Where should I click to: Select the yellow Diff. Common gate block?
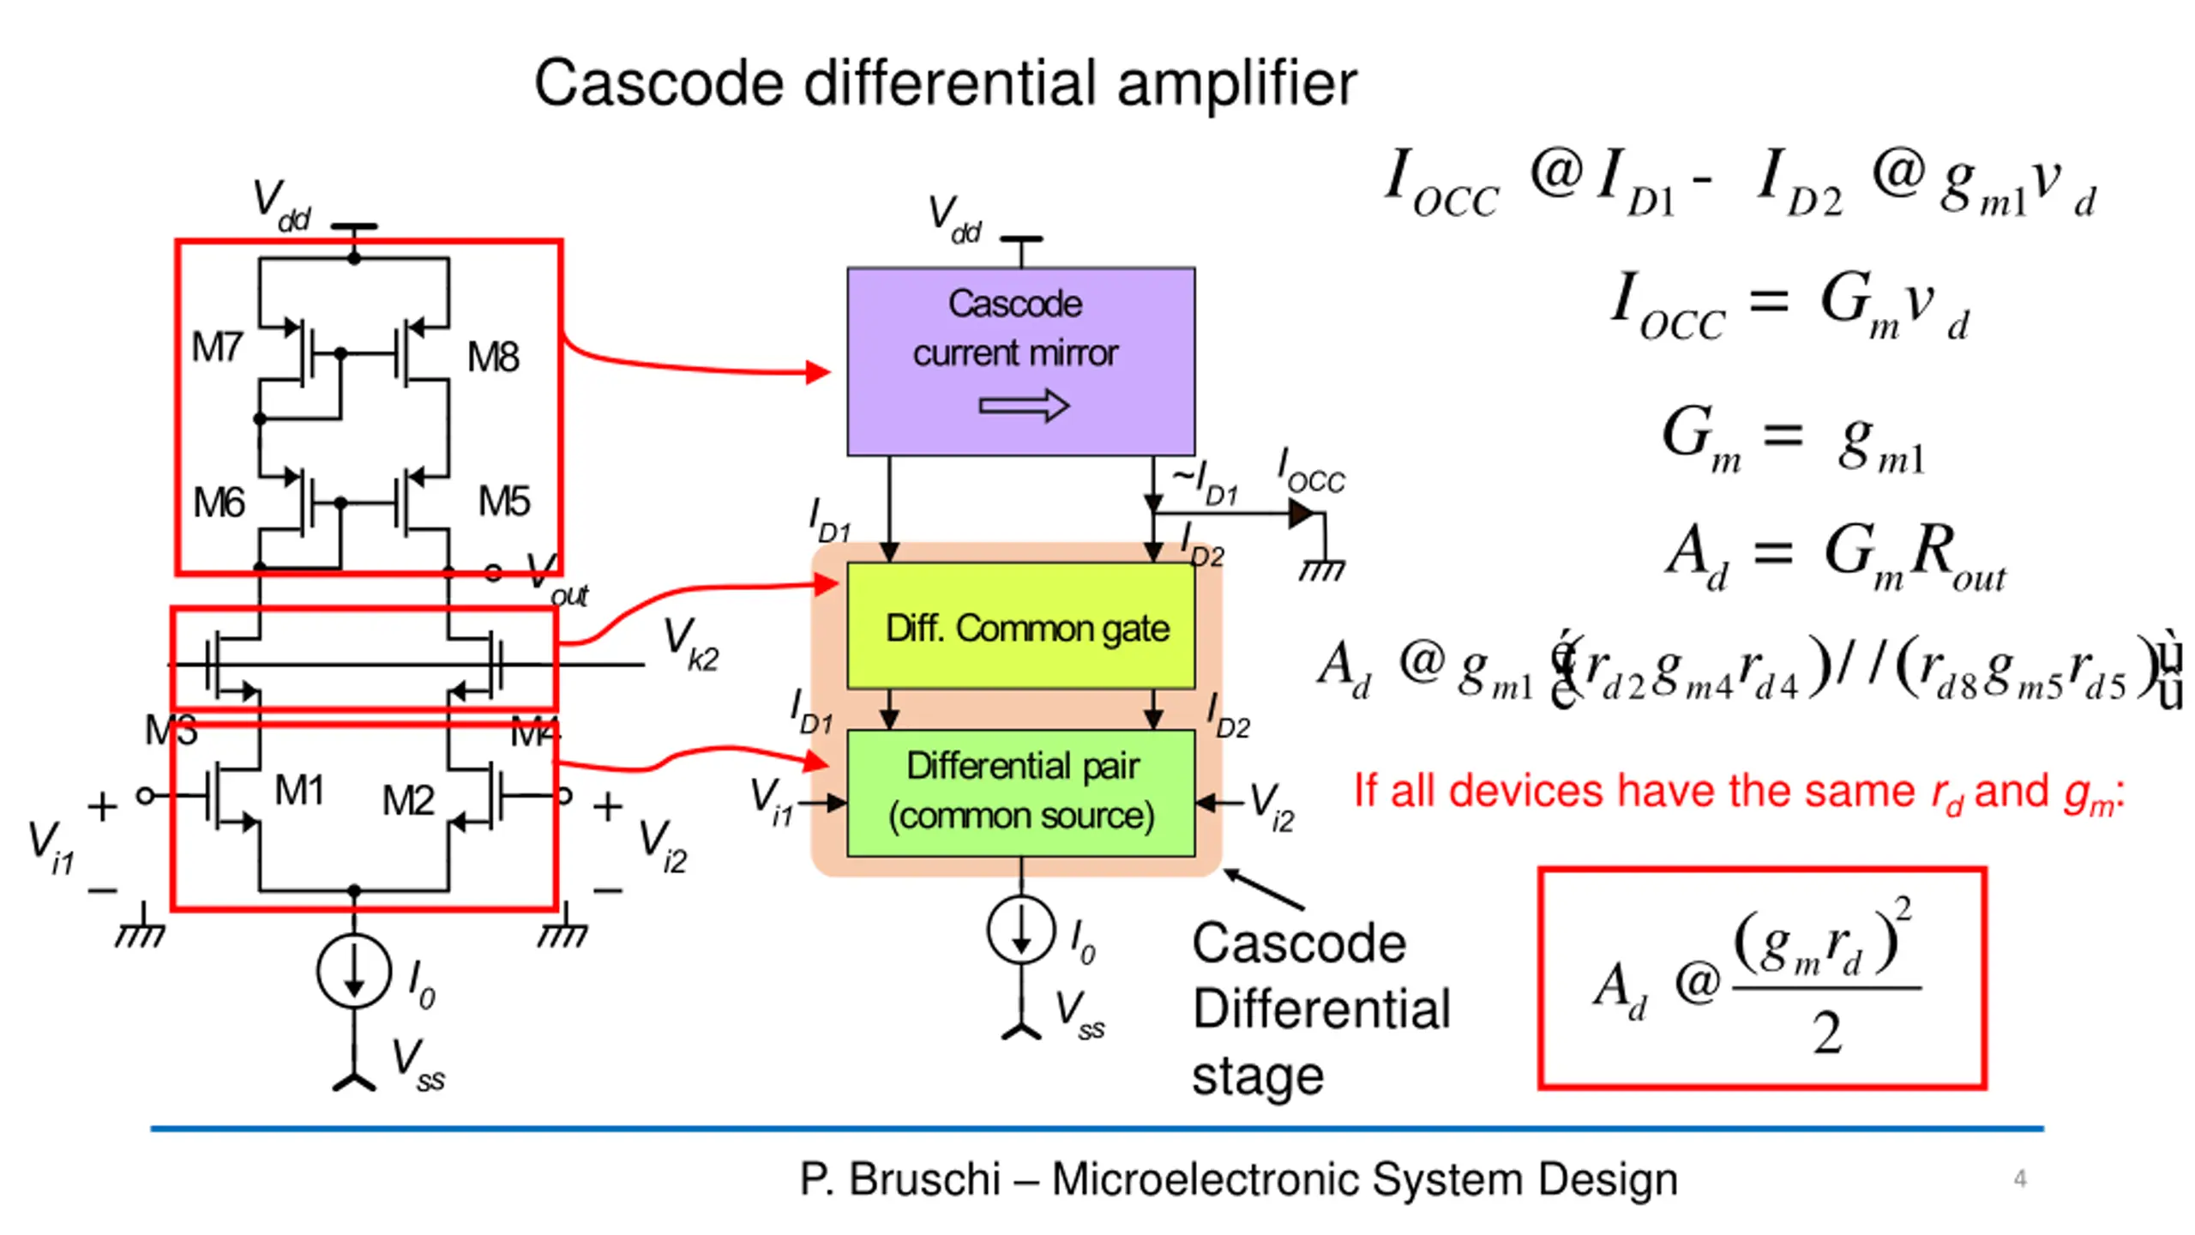[1020, 626]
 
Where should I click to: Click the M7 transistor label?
[217, 347]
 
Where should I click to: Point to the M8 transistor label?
[493, 357]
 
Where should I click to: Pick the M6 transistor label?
[219, 503]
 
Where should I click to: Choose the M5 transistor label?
[504, 501]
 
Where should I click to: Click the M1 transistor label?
[299, 790]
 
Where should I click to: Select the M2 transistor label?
[408, 801]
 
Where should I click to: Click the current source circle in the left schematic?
[354, 972]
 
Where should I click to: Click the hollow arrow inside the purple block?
[1024, 406]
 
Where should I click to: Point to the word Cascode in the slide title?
[658, 84]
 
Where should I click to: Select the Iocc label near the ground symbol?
[1310, 472]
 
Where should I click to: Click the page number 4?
[2020, 1178]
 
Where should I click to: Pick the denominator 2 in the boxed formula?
[1826, 1033]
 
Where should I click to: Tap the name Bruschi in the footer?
[924, 1179]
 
